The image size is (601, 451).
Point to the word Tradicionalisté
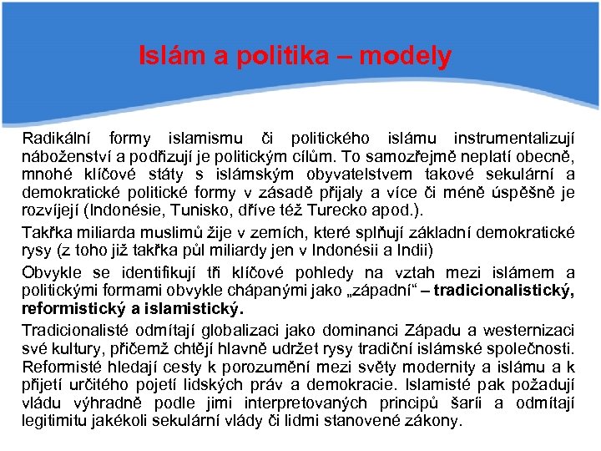tap(75, 330)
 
